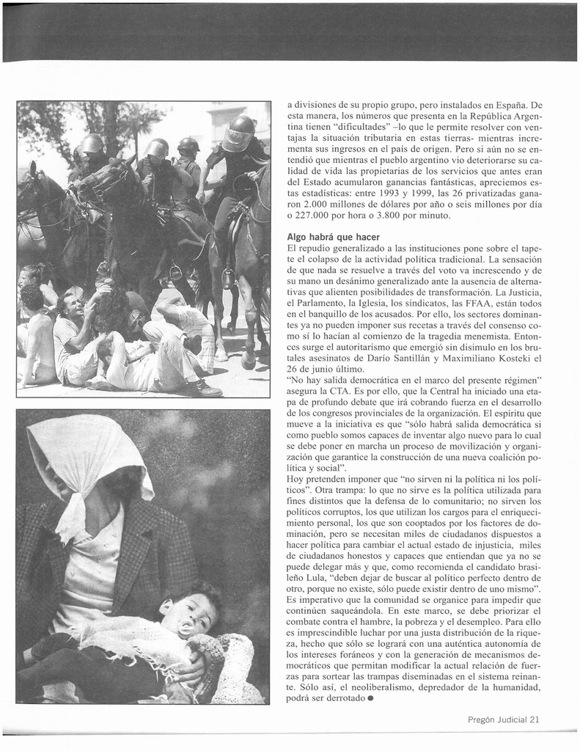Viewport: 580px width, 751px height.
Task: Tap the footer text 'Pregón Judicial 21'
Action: (x=504, y=719)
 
